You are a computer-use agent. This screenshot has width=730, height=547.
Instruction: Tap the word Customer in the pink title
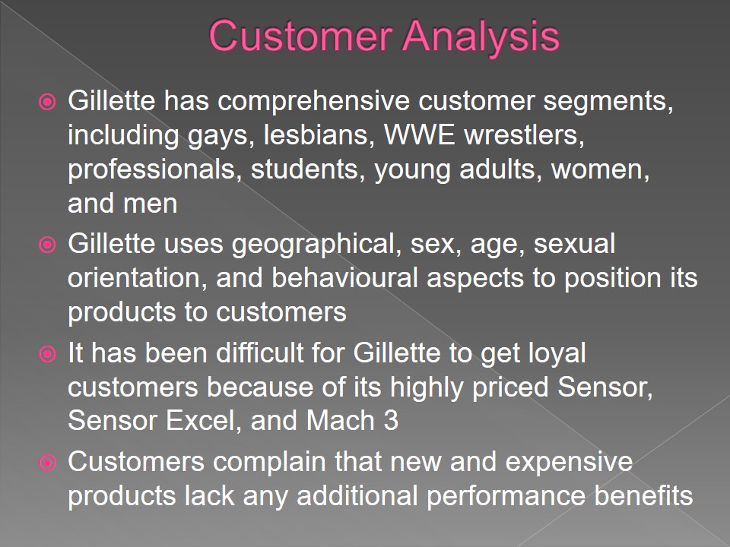tap(300, 36)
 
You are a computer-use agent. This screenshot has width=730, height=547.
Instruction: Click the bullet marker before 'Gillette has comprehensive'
tap(47, 101)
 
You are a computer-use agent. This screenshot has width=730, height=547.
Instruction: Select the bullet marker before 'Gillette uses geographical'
tap(47, 244)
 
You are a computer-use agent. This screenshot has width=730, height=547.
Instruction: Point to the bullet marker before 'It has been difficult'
tap(47, 354)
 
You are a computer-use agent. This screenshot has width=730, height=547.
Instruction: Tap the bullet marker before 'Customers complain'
tap(47, 463)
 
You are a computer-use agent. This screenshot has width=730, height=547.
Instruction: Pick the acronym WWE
tap(419, 134)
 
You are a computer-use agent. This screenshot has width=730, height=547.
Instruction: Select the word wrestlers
tap(524, 135)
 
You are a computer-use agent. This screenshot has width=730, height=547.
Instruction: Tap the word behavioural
tap(344, 278)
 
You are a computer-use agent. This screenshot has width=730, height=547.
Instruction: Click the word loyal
tap(557, 355)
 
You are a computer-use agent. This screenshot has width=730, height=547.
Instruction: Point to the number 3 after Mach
tap(391, 420)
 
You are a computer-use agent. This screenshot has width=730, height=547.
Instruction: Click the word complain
tap(269, 463)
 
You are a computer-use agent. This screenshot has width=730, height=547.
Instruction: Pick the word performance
tap(506, 497)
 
